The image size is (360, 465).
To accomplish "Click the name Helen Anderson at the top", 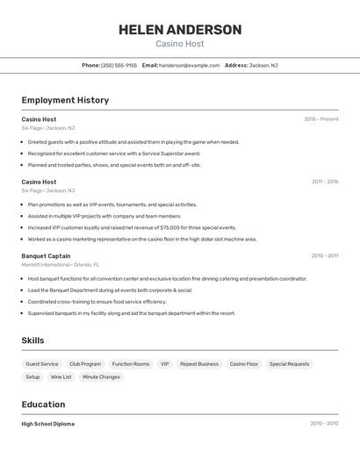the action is click(180, 30).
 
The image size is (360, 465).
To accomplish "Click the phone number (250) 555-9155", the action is click(119, 65).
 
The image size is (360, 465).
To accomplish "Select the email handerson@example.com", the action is click(189, 65).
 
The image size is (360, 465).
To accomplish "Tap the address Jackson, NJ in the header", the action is click(263, 65).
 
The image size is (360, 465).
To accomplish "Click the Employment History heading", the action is click(65, 100).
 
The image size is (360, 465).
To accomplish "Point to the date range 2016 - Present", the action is click(321, 119).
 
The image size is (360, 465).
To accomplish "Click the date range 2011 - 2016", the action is click(325, 182).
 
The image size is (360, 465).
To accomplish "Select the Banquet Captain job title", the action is click(46, 256).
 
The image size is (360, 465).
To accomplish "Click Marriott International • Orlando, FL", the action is click(61, 264).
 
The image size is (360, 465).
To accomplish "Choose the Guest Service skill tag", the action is click(42, 364).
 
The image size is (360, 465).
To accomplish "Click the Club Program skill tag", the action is click(85, 364).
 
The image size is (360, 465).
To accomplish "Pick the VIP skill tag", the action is click(164, 364).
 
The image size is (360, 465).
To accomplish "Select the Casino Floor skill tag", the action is click(244, 364).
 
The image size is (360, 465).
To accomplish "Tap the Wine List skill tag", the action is click(61, 377).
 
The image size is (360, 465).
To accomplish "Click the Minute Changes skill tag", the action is click(101, 377).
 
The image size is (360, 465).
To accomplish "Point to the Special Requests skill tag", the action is click(289, 364).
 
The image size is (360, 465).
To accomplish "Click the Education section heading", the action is click(43, 404).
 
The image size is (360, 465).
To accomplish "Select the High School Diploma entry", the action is click(48, 424).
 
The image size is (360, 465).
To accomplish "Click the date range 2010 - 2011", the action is click(324, 256).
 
